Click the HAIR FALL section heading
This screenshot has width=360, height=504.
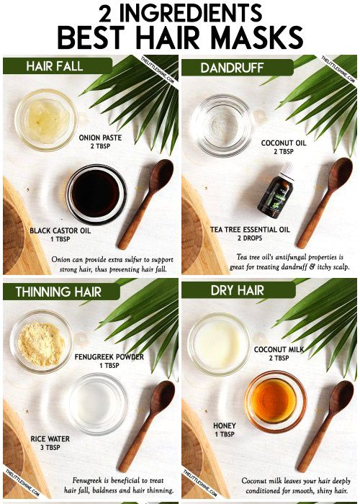(x=54, y=66)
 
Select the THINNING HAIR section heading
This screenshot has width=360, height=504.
(x=63, y=292)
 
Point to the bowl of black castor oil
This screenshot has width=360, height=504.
(x=96, y=194)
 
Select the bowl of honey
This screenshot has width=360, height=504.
(x=274, y=400)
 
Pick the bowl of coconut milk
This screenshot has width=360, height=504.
(x=219, y=343)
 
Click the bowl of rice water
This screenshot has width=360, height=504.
(x=98, y=402)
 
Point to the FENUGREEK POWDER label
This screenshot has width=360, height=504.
(x=109, y=356)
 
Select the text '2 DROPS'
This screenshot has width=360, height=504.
(x=250, y=238)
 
